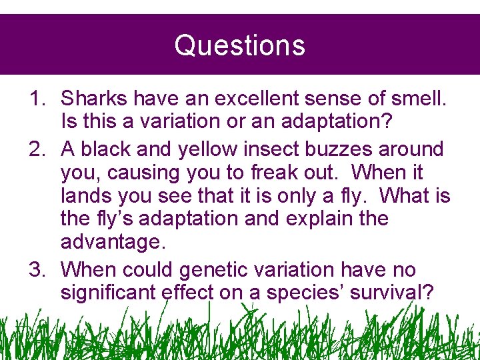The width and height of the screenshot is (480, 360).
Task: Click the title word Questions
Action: [239, 45]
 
